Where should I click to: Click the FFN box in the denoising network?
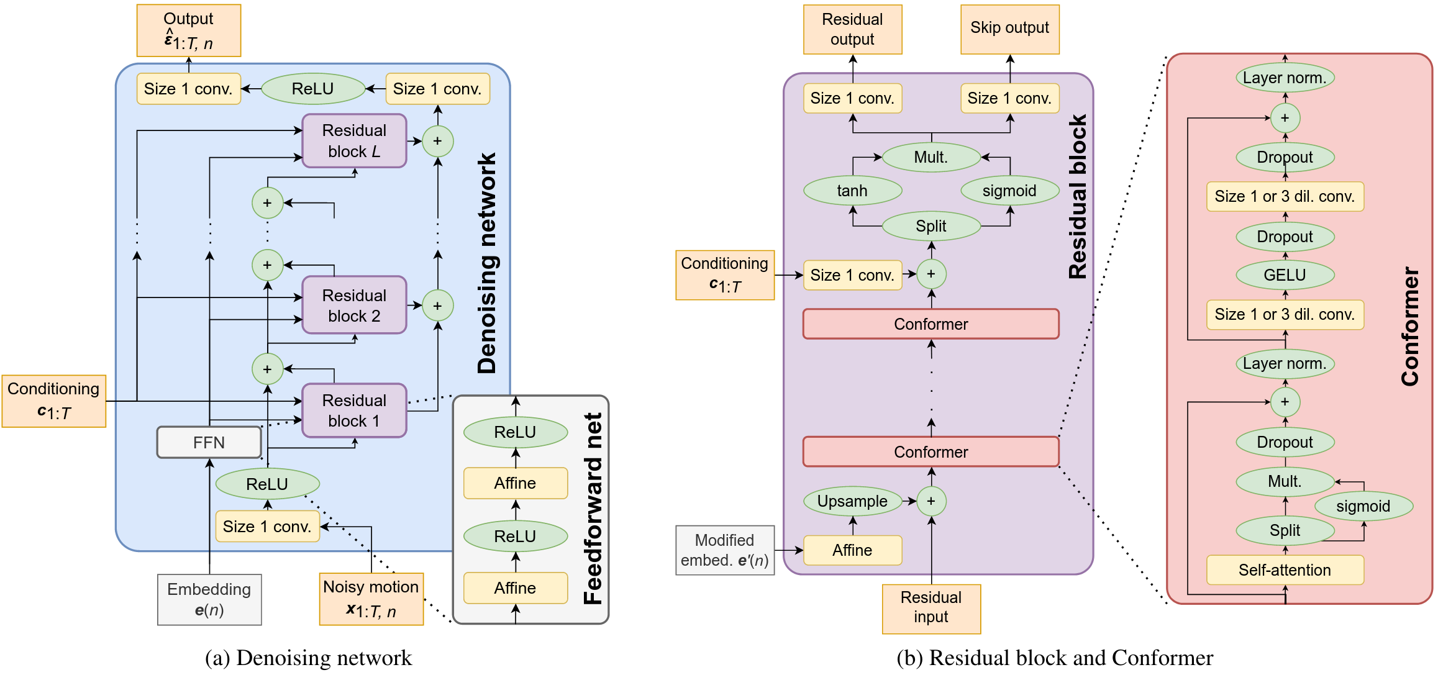pyautogui.click(x=209, y=442)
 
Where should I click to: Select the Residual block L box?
pyautogui.click(x=354, y=141)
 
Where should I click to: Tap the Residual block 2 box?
pyautogui.click(x=354, y=306)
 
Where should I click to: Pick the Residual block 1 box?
pyautogui.click(x=354, y=410)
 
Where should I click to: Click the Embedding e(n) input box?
pyautogui.click(x=209, y=599)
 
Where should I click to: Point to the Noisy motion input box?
pyautogui.click(x=371, y=599)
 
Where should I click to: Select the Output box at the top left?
pyautogui.click(x=189, y=30)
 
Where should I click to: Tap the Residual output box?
pyautogui.click(x=852, y=29)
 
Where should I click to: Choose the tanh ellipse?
pyautogui.click(x=852, y=191)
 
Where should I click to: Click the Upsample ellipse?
pyautogui.click(x=852, y=501)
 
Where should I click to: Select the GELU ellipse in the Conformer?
pyautogui.click(x=1285, y=275)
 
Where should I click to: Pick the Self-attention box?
pyautogui.click(x=1285, y=570)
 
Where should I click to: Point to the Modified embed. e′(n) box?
pyautogui.click(x=725, y=550)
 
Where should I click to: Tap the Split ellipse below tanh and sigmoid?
pyautogui.click(x=931, y=226)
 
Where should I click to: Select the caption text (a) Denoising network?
pyautogui.click(x=309, y=658)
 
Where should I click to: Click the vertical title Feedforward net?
pyautogui.click(x=594, y=509)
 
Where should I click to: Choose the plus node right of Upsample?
pyautogui.click(x=931, y=501)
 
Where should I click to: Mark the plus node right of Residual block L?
pyautogui.click(x=438, y=141)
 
